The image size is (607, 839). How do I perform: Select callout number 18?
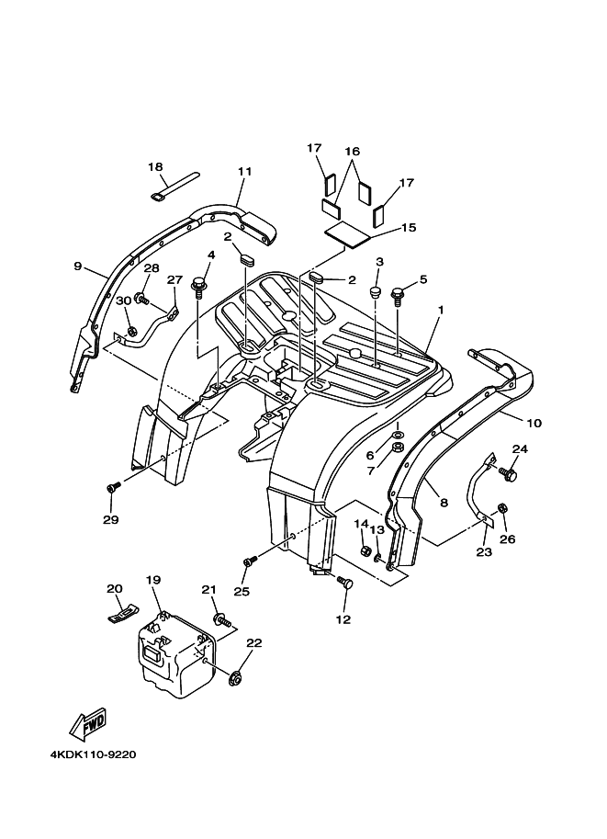click(x=155, y=166)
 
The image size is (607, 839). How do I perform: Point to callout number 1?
click(x=441, y=311)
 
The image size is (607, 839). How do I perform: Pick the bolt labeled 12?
click(x=345, y=582)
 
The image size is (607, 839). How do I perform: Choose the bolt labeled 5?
click(x=398, y=295)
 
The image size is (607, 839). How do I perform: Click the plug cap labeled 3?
click(x=377, y=291)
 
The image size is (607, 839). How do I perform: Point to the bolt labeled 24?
click(x=509, y=474)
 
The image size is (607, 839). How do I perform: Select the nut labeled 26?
click(x=502, y=508)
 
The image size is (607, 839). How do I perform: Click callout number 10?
click(x=534, y=424)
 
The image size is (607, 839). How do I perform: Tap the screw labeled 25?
click(x=248, y=561)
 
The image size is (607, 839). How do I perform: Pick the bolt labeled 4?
click(x=199, y=289)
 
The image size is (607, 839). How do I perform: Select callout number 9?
click(x=78, y=266)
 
